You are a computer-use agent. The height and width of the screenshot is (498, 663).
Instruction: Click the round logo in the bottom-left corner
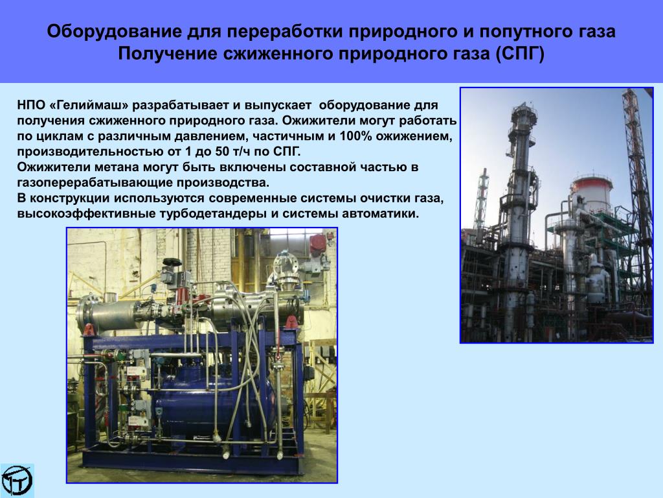tap(17, 480)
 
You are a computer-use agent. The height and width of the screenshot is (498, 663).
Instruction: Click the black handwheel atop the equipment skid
tap(172, 263)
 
